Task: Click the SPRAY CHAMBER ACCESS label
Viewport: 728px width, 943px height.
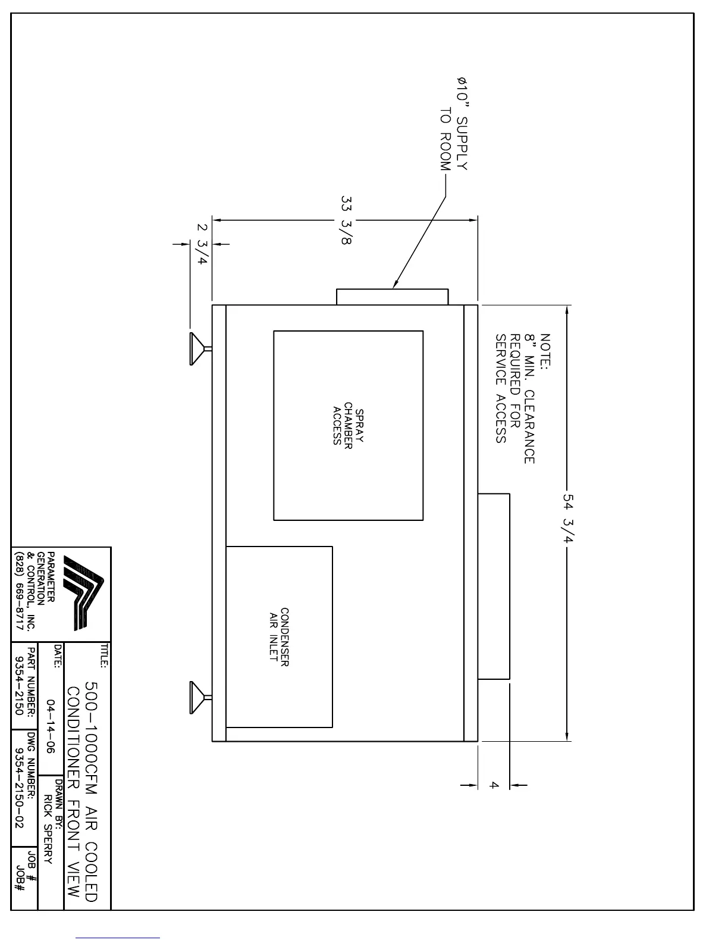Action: coord(348,426)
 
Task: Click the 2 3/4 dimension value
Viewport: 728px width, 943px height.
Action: coord(202,244)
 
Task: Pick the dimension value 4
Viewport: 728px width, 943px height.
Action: coord(494,785)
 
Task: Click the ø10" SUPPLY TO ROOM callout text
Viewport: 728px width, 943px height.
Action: coord(454,123)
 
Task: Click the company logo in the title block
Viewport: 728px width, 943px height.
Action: coord(83,591)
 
